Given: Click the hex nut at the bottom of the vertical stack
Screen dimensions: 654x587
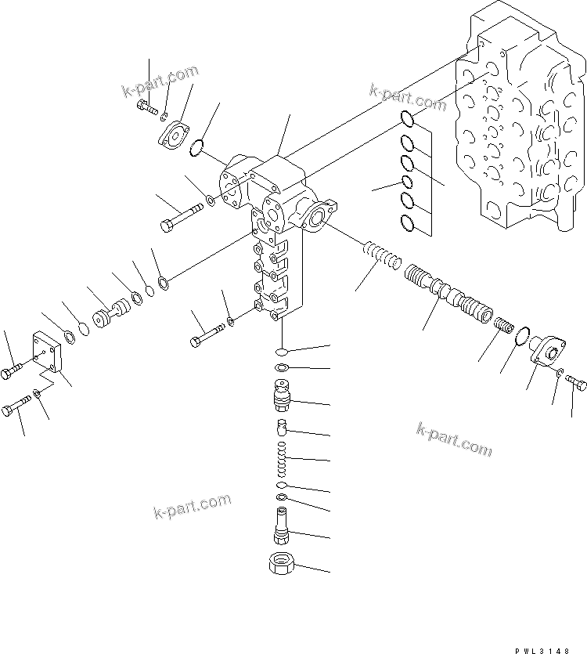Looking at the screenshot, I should coord(281,562).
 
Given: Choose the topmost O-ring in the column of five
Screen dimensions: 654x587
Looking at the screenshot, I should coord(407,119).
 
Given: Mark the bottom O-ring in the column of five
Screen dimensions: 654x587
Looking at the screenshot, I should coord(407,223).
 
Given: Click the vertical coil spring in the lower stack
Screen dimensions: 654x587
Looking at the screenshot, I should coord(281,461).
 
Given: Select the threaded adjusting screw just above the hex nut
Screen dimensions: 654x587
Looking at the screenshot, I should coord(281,525).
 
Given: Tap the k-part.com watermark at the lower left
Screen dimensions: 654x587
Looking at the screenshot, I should coord(192,508).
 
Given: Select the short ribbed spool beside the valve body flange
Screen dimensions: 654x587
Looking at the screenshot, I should coord(381,256).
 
